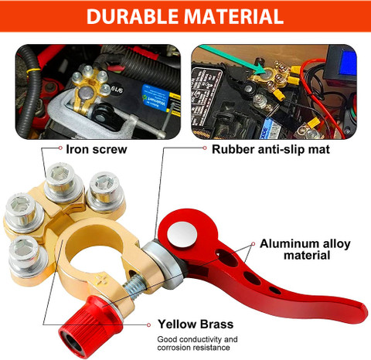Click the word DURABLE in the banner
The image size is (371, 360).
pyautogui.click(x=132, y=16)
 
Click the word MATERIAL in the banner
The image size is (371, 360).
pyautogui.click(x=233, y=16)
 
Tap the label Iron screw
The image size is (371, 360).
pyautogui.click(x=97, y=149)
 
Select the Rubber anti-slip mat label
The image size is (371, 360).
pyautogui.click(x=271, y=149)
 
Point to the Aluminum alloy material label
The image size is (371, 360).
pyautogui.click(x=305, y=250)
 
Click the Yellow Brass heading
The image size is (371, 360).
pyautogui.click(x=196, y=324)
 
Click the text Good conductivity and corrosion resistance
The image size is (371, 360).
pyautogui.click(x=197, y=343)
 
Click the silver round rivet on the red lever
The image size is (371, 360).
pyautogui.click(x=182, y=234)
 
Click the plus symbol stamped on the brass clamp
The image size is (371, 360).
pyautogui.click(x=102, y=280)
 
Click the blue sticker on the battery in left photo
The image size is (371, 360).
pyautogui.click(x=155, y=97)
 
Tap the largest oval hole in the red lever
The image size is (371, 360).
pyautogui.click(x=226, y=257)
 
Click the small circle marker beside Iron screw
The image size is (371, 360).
pyautogui.click(x=60, y=148)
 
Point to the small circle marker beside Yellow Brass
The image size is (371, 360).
pyautogui.click(x=148, y=325)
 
